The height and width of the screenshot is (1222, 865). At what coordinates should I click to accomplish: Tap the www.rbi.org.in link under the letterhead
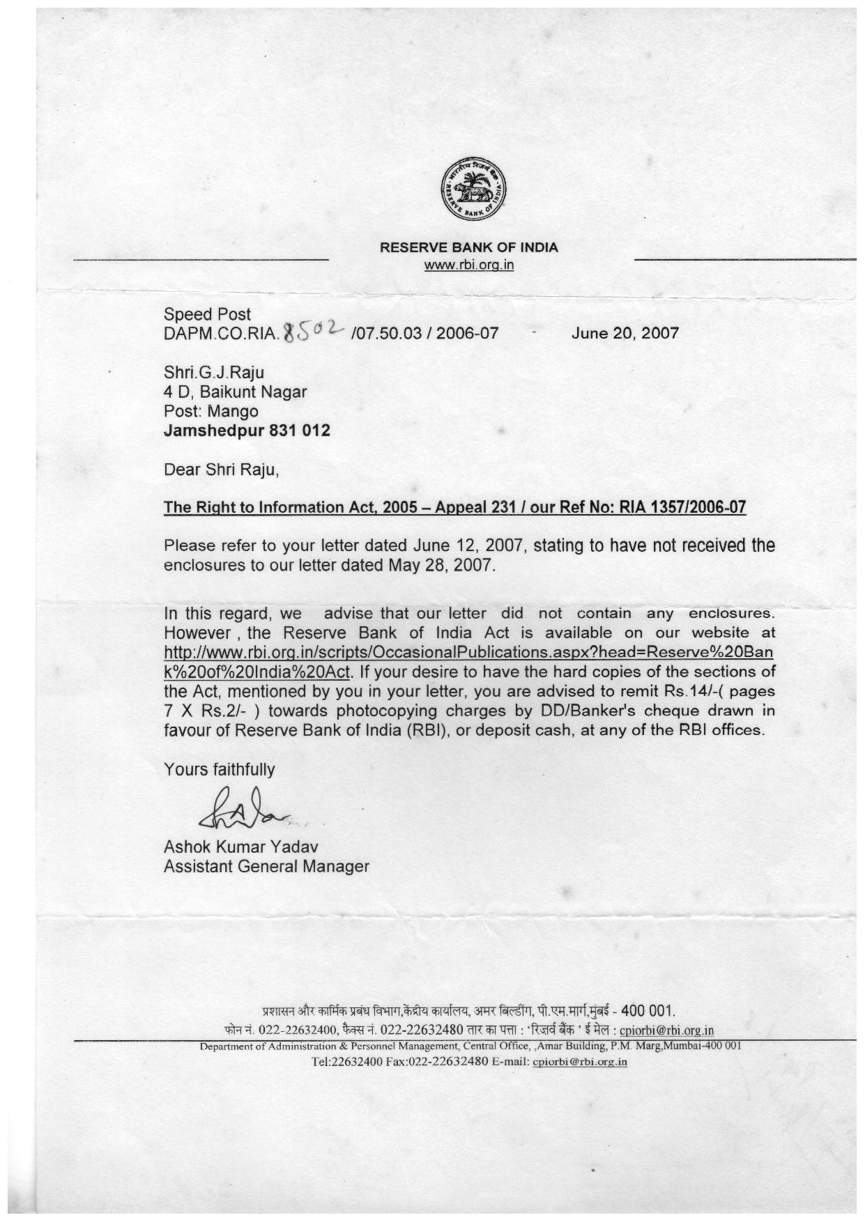tap(469, 265)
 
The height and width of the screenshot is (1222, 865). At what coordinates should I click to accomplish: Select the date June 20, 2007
tap(625, 333)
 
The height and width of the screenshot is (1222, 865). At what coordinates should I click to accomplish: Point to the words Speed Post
tap(207, 314)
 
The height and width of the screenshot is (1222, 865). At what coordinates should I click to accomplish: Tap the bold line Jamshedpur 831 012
tap(247, 431)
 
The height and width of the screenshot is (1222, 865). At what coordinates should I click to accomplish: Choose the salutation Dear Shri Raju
tap(221, 470)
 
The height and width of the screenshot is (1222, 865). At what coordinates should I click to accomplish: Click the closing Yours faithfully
tap(219, 770)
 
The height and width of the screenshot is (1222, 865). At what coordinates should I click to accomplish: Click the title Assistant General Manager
tap(266, 867)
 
